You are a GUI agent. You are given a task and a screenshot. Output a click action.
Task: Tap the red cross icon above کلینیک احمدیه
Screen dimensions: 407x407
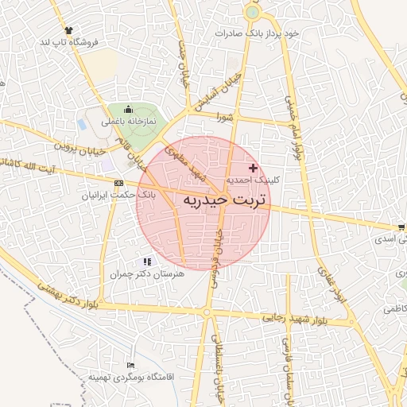pos(254,168)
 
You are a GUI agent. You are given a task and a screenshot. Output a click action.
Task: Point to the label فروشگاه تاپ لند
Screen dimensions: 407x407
pos(69,42)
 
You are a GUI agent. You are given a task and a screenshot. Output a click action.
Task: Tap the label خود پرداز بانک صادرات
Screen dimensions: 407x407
pos(260,33)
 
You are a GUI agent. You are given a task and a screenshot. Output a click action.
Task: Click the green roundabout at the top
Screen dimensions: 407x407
pos(253,12)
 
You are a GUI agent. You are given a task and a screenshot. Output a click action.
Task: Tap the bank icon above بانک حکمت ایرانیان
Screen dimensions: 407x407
pos(118,182)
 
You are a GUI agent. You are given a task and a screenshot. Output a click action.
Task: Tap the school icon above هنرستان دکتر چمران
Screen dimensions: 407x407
pos(146,262)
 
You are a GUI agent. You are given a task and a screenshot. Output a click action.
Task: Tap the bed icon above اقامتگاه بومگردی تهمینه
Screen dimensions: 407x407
pos(130,365)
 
